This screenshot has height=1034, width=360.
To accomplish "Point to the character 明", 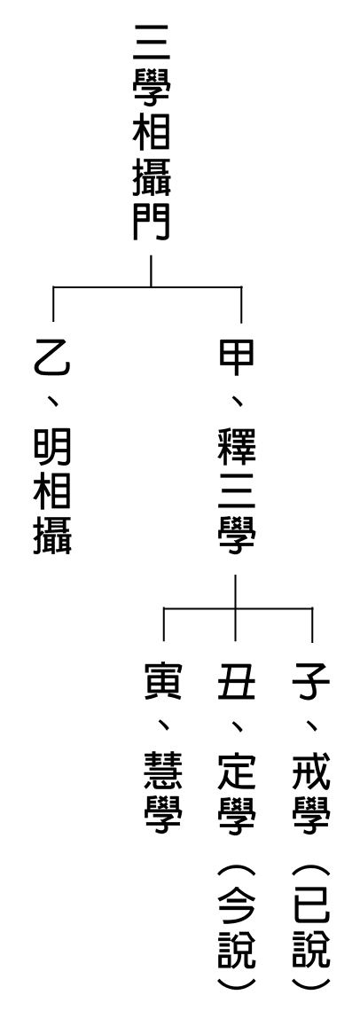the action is click(x=52, y=450).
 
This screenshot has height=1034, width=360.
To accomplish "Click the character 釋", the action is click(x=236, y=446).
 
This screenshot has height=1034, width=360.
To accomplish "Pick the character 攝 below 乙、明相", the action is click(x=52, y=536).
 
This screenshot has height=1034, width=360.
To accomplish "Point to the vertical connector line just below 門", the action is click(x=151, y=271).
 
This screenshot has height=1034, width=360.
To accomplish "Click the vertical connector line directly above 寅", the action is click(x=163, y=623).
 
